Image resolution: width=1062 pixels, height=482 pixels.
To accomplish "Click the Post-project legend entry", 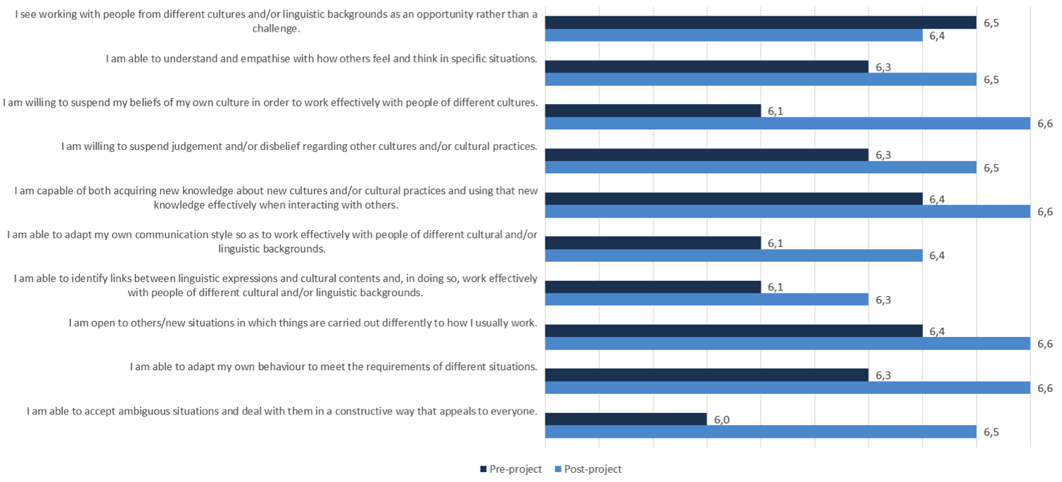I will point(588,469).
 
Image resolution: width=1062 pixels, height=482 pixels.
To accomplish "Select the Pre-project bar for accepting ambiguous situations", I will point(626,419).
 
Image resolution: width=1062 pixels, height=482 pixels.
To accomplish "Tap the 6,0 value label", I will point(721,420).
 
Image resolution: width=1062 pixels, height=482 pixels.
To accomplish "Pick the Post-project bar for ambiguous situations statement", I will point(760,432).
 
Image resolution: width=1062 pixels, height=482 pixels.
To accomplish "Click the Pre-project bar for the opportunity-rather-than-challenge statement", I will point(760,23).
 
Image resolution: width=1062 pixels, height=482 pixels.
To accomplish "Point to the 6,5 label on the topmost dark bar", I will point(991,23).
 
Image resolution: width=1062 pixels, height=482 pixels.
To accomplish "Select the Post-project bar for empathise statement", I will point(760,80).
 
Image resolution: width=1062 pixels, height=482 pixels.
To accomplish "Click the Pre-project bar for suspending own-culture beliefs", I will point(652,110).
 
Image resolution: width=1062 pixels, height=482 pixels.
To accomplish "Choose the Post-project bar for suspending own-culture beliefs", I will point(787,123).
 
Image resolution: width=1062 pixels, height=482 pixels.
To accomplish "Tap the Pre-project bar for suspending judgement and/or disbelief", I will point(707,155).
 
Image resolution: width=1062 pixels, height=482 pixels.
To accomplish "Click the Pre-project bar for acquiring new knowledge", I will point(733,199).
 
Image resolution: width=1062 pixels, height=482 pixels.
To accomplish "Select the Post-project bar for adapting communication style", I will point(733,255).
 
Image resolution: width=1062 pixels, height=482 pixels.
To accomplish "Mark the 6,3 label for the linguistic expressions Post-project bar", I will point(883,300).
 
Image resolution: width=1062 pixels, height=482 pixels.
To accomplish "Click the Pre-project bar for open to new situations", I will point(733,331).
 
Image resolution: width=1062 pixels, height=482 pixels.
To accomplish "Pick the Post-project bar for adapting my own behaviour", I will point(787,388).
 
